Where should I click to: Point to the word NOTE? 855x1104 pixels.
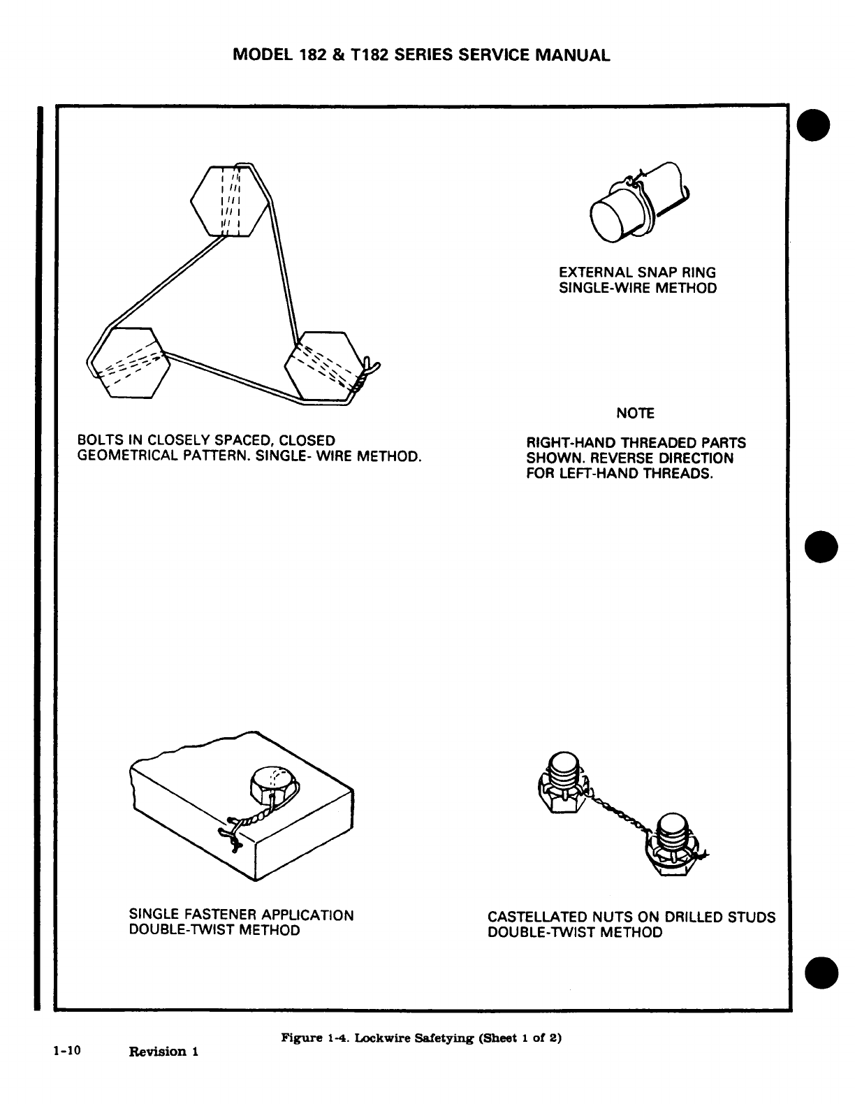click(635, 414)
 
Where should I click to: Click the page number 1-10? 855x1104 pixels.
click(66, 1049)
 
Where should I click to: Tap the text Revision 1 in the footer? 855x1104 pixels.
click(164, 1052)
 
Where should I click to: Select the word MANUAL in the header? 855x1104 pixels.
click(573, 55)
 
